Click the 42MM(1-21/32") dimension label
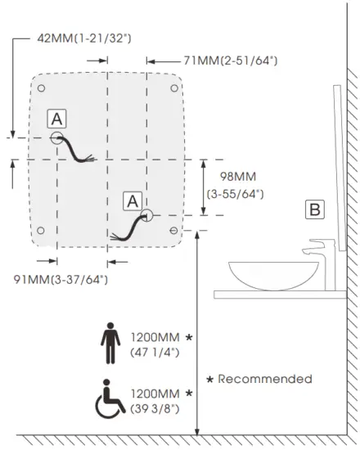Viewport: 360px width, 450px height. pos(84,38)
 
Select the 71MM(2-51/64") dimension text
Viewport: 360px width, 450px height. pos(231,61)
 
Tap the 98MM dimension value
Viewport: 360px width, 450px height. pos(238,177)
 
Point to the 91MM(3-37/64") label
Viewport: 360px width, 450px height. pos(61,279)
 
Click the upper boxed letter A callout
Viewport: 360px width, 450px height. pos(56,119)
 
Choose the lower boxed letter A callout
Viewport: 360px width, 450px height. pos(133,201)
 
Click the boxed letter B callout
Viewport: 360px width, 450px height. pos(315,209)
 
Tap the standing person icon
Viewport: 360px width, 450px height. pos(110,344)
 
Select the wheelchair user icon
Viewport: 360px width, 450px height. pos(110,398)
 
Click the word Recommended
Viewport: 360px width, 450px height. pos(265,379)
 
